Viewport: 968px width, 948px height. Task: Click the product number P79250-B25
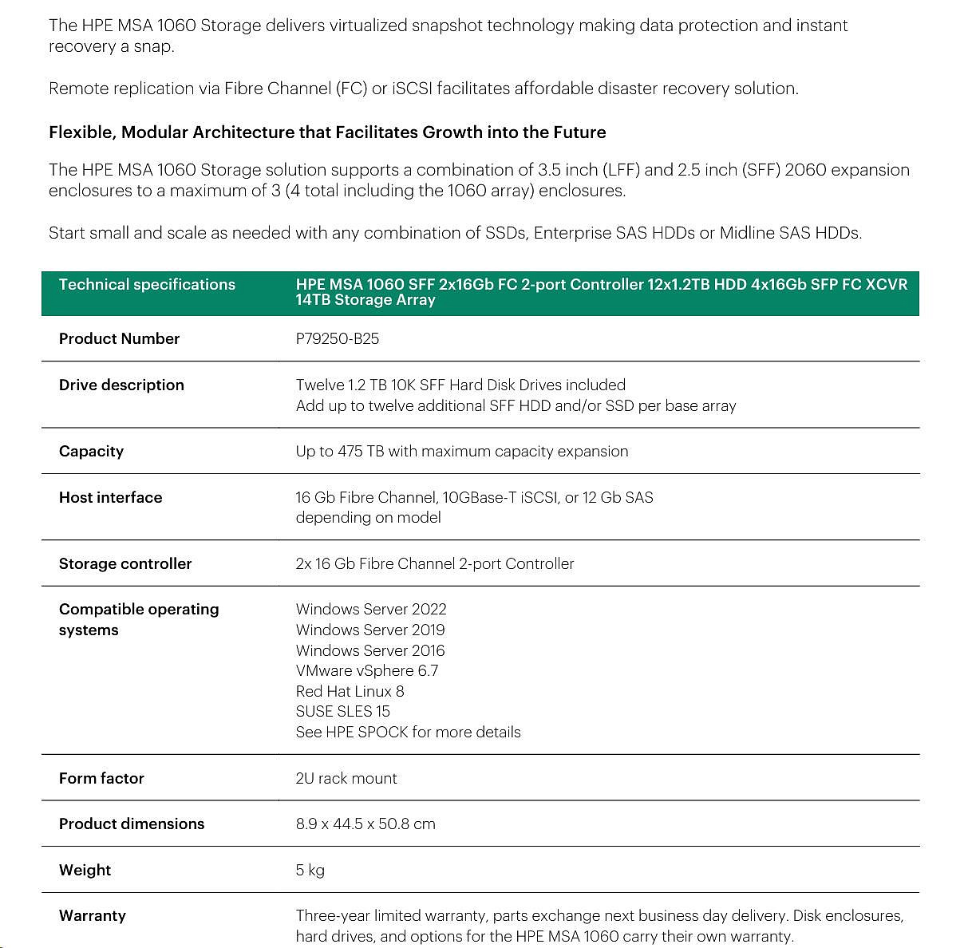pyautogui.click(x=337, y=338)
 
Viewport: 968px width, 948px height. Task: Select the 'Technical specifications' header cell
pyautogui.click(x=147, y=285)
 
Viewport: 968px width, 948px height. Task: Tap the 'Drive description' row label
pyautogui.click(x=121, y=385)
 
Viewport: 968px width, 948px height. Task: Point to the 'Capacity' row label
pyautogui.click(x=91, y=451)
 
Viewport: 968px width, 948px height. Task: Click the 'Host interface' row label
pyautogui.click(x=110, y=497)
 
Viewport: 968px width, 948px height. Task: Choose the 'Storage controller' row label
pyautogui.click(x=125, y=563)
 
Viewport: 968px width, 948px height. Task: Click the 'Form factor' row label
pyautogui.click(x=101, y=778)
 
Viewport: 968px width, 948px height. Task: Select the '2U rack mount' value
pyautogui.click(x=346, y=778)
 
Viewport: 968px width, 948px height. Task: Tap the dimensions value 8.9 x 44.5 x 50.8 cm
pyautogui.click(x=365, y=824)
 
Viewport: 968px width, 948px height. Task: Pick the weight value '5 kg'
pyautogui.click(x=310, y=870)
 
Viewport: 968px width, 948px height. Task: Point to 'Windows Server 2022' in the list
pyautogui.click(x=371, y=609)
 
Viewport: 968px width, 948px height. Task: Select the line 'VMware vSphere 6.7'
pyautogui.click(x=366, y=670)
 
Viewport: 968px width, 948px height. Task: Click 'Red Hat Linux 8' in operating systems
pyautogui.click(x=350, y=691)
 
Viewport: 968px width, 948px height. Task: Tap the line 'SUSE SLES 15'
pyautogui.click(x=342, y=711)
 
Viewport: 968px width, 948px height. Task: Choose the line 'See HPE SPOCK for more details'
pyautogui.click(x=408, y=732)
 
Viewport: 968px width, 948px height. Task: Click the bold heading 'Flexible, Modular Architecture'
pyautogui.click(x=327, y=132)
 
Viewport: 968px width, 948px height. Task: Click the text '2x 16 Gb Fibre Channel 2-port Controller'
pyautogui.click(x=434, y=563)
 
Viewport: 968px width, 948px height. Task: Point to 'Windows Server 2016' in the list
pyautogui.click(x=370, y=650)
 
